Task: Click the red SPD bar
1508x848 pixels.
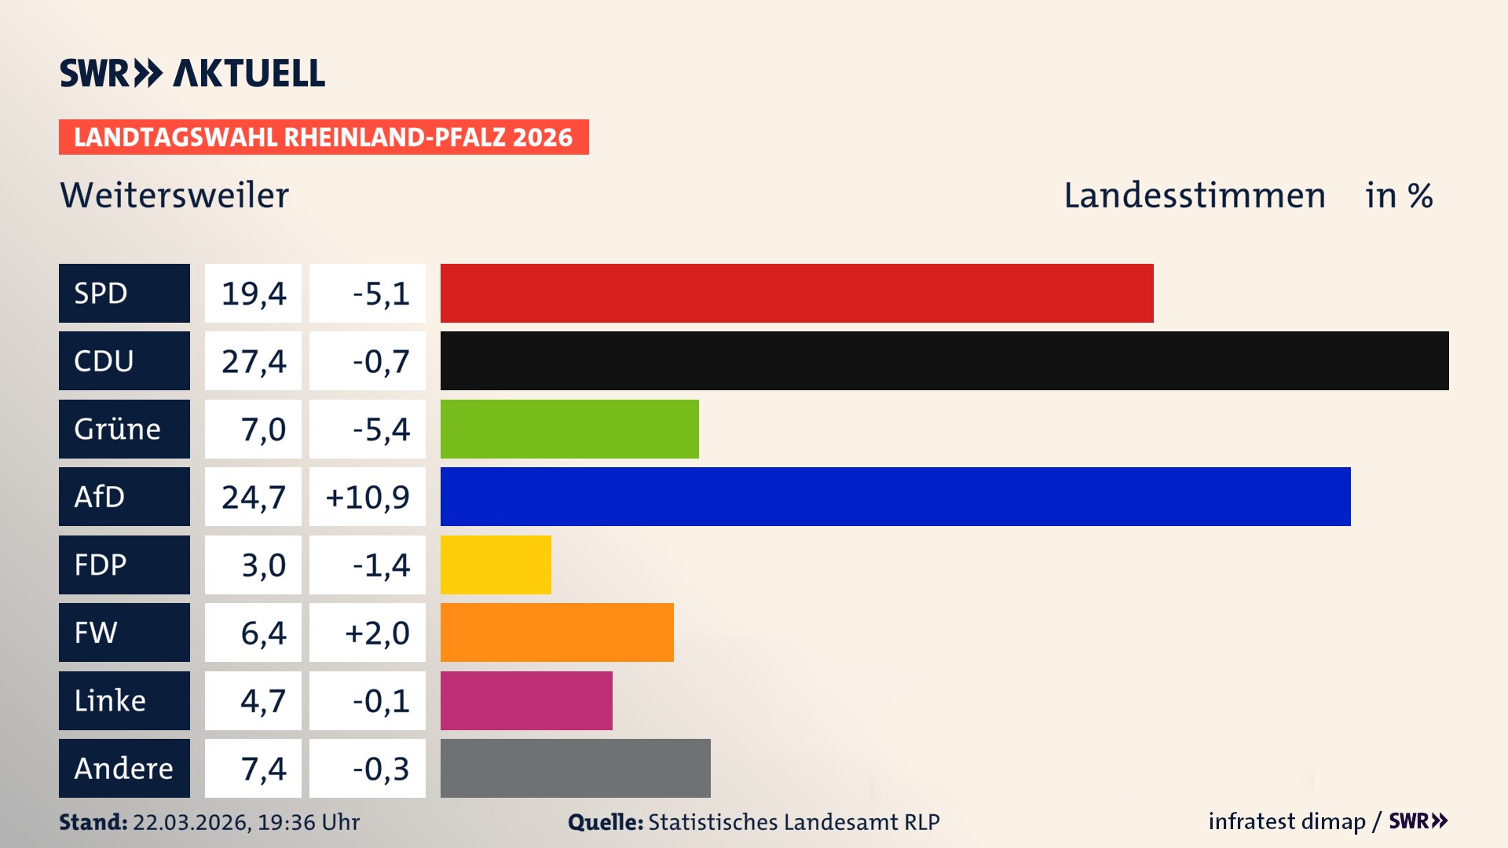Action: [796, 293]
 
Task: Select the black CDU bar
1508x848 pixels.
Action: [944, 360]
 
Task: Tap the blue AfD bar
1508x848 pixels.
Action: [895, 496]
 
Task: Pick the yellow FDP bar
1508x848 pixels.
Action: [496, 565]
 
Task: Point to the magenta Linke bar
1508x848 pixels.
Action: [526, 700]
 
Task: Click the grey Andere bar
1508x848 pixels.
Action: [575, 768]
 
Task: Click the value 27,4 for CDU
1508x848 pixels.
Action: [253, 361]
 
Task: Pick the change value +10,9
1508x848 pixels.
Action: [368, 497]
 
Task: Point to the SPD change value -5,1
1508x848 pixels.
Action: [381, 294]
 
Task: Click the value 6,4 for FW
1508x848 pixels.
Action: [263, 633]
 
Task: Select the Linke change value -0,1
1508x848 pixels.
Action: [381, 700]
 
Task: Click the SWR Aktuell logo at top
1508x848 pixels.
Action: [192, 73]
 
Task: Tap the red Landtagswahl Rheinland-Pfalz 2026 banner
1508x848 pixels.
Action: [324, 137]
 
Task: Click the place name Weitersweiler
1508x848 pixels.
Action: [174, 196]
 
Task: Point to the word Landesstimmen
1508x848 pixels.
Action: [1194, 196]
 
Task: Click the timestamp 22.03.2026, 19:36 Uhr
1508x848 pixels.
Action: [246, 822]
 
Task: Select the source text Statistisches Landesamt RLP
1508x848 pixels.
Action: [793, 822]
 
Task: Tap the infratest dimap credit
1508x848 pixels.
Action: [1287, 821]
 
